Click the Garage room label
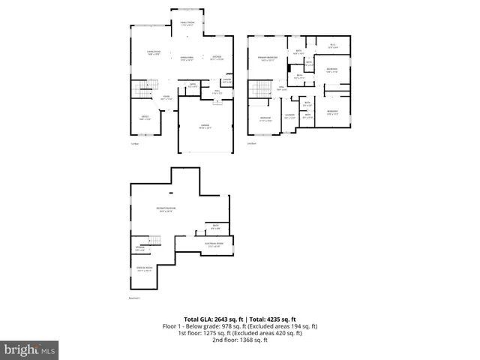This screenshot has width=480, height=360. (204, 127)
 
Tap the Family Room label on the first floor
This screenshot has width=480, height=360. (187, 24)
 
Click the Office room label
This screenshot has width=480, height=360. (146, 118)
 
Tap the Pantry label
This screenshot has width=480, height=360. (226, 80)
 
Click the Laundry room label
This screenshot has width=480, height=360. (289, 116)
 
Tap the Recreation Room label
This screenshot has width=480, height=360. (166, 210)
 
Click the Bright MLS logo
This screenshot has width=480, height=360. (30, 349)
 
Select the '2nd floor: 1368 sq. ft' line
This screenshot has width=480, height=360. (240, 340)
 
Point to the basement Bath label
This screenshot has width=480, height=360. (214, 226)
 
